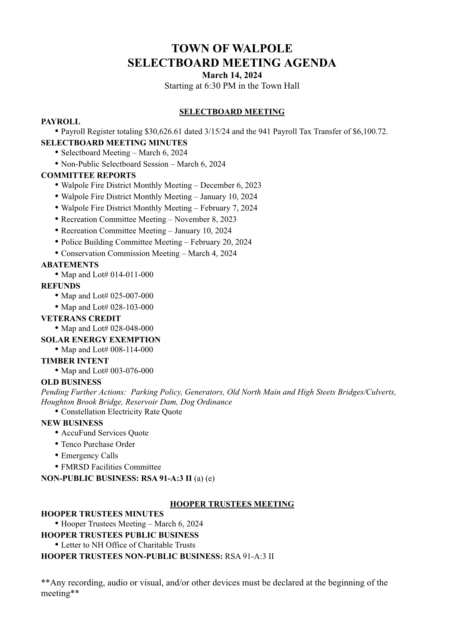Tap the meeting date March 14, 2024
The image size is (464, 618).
[232, 75]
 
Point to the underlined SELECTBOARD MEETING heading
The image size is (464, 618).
[232, 112]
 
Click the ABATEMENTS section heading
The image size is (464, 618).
[70, 265]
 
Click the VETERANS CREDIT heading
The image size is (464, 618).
[81, 318]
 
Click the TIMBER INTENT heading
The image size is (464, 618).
[75, 361]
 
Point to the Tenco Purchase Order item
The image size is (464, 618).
[98, 444]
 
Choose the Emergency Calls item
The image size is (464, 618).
[89, 455]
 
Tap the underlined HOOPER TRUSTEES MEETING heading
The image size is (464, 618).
[232, 504]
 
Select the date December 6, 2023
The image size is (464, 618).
[231, 185]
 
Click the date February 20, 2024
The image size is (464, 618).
[221, 242]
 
